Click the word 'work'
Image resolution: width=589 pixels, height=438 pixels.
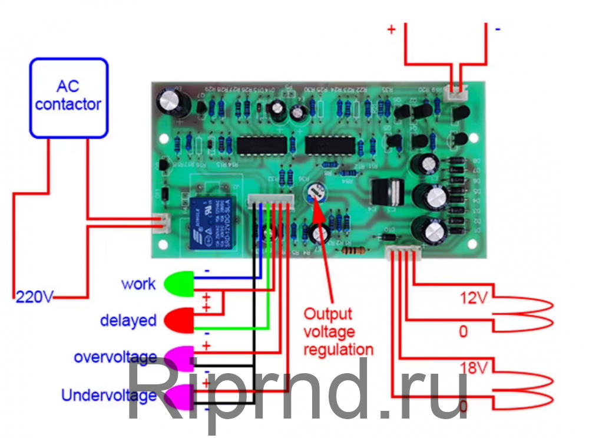pos(138,284)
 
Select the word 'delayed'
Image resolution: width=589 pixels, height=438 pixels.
pos(128,321)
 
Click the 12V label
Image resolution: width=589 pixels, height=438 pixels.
pos(474,298)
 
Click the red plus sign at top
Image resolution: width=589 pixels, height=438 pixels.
pos(392,29)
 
